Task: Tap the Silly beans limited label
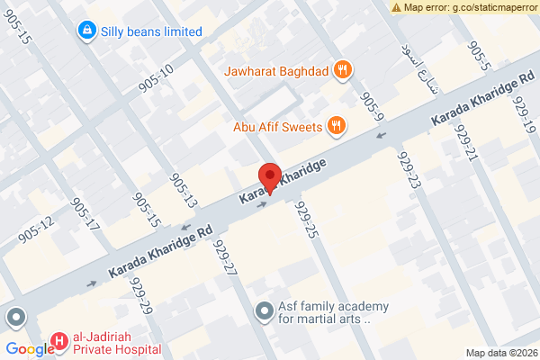pyautogui.click(x=150, y=31)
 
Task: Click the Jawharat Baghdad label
pyautogui.click(x=274, y=69)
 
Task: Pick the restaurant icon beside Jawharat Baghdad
pyautogui.click(x=342, y=69)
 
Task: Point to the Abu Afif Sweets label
pyautogui.click(x=277, y=127)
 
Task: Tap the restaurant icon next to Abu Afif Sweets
pyautogui.click(x=336, y=126)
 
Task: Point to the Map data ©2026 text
pyautogui.click(x=501, y=352)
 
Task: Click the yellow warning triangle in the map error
pyautogui.click(x=397, y=6)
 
